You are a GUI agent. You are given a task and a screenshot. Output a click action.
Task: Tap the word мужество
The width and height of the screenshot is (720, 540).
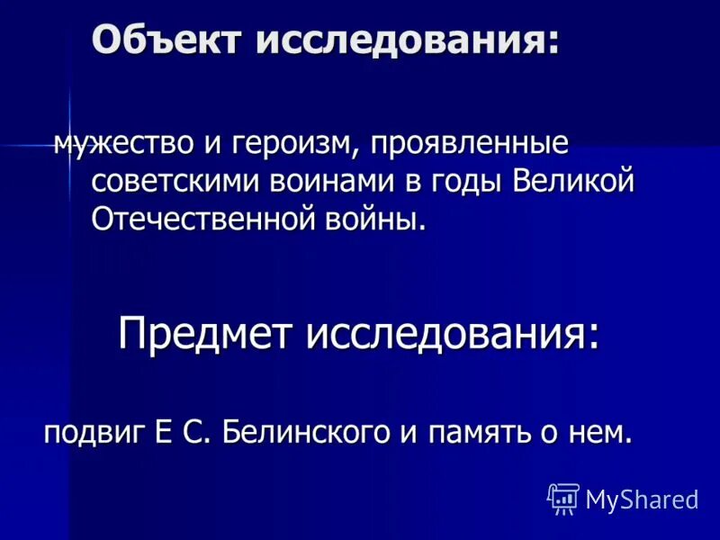(x=119, y=144)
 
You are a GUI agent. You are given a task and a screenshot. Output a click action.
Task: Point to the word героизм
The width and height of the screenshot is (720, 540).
(x=289, y=144)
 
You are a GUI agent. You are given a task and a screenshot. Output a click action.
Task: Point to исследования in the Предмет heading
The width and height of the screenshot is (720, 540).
(x=453, y=335)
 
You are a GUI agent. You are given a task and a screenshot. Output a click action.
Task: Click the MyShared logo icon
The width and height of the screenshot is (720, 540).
(x=563, y=499)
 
